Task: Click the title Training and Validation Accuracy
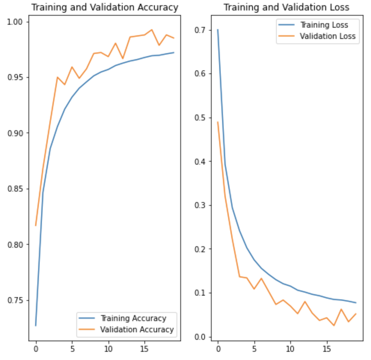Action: click(x=104, y=7)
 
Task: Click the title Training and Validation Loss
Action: click(x=286, y=7)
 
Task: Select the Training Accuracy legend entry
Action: click(x=133, y=318)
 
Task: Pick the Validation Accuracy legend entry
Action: click(x=137, y=330)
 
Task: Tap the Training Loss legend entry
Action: click(x=324, y=25)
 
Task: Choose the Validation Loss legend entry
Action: click(x=328, y=36)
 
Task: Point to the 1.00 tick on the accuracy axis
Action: click(x=15, y=22)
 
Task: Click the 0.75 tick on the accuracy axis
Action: click(x=15, y=300)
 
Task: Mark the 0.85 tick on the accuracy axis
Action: click(x=15, y=189)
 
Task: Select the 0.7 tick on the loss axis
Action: click(x=200, y=30)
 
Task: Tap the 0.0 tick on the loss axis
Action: click(x=200, y=337)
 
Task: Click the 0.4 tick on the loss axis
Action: click(x=200, y=162)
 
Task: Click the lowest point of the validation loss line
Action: click(x=334, y=326)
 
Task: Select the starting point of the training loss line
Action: click(x=218, y=30)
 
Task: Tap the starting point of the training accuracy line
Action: click(x=36, y=326)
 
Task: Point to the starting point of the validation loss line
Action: click(x=218, y=122)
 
